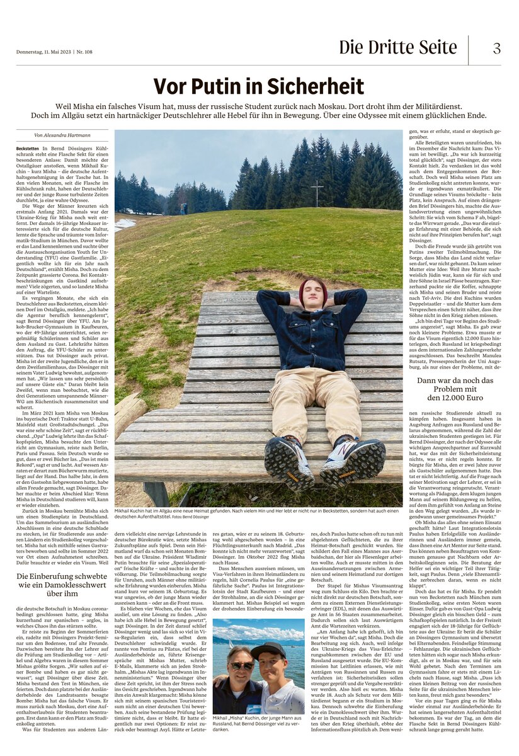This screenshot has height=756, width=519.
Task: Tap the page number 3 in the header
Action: point(496,48)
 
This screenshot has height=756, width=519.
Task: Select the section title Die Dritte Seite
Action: point(397,48)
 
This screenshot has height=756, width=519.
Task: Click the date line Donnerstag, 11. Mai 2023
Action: point(43,52)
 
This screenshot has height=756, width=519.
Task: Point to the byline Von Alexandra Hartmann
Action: point(62,135)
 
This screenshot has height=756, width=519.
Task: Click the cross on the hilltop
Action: point(317,193)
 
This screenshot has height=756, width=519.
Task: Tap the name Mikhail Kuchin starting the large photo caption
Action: point(132,510)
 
